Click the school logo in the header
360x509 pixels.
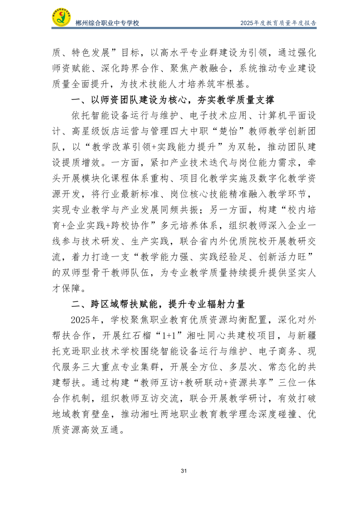click(x=61, y=18)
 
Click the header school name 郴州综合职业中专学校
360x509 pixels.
click(x=108, y=23)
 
